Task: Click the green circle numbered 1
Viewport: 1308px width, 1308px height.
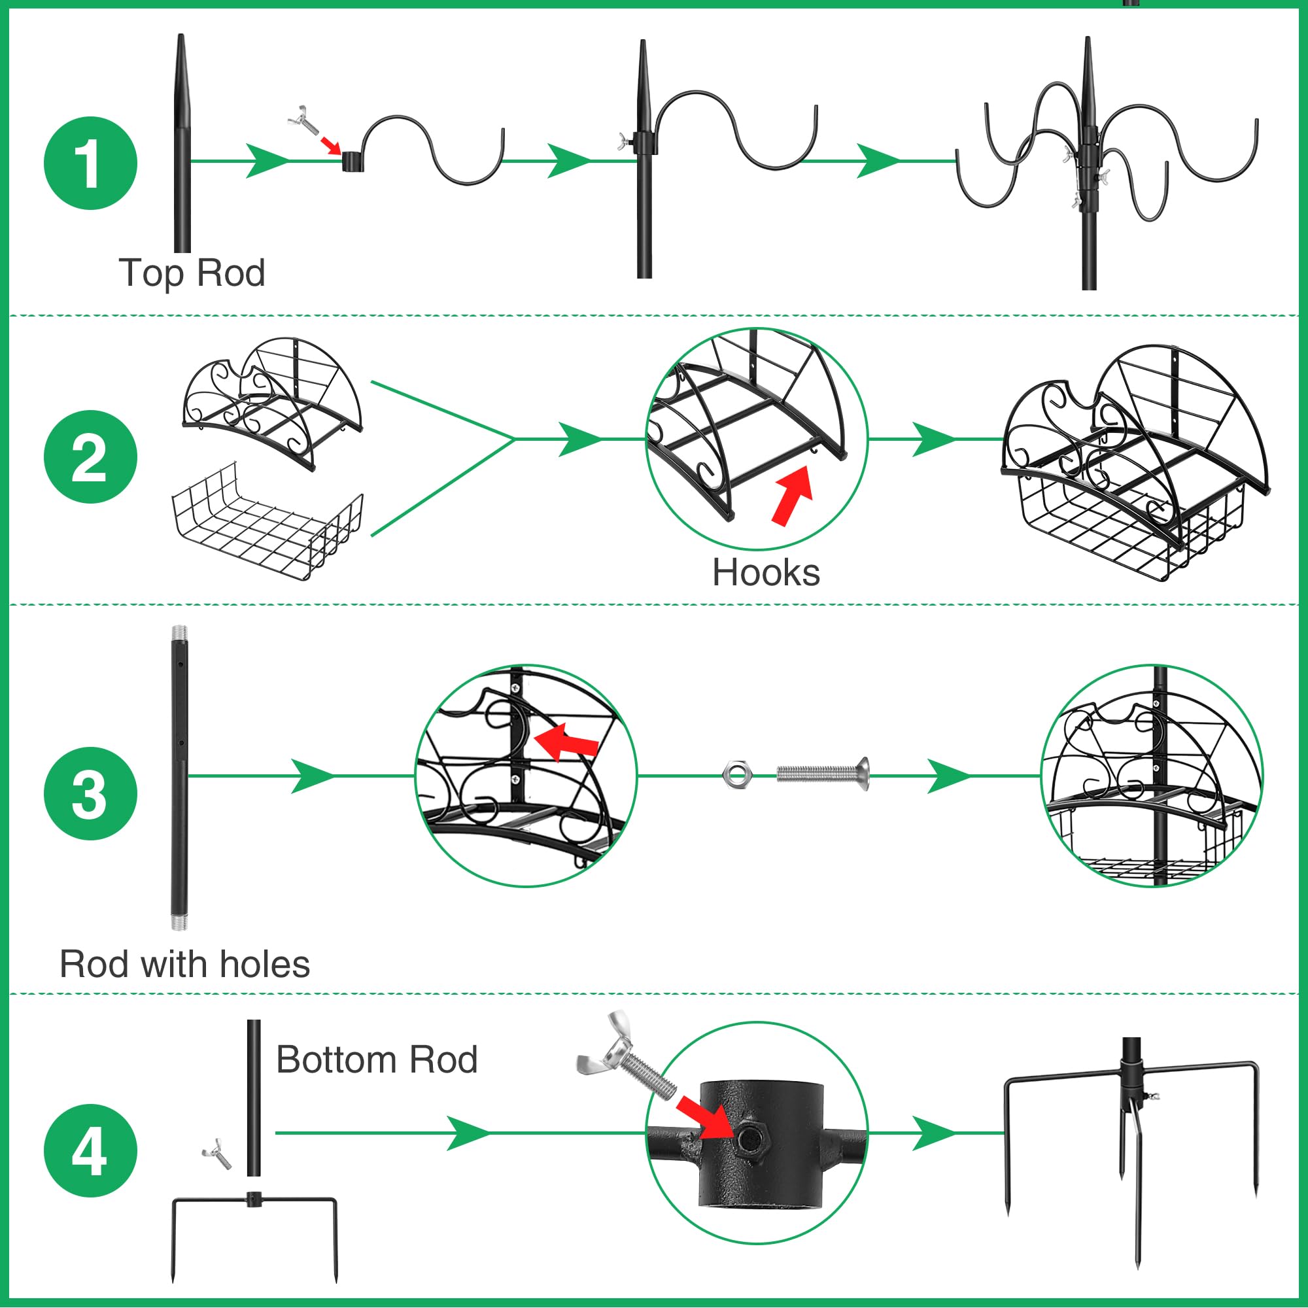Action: (x=90, y=163)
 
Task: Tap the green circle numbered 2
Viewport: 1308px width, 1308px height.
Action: (x=90, y=457)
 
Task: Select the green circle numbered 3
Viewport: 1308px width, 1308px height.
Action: (x=90, y=793)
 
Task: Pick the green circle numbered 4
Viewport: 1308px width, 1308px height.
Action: (x=90, y=1151)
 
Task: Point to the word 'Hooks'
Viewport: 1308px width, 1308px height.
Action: (x=766, y=573)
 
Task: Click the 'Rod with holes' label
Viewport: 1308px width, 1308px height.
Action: (x=185, y=964)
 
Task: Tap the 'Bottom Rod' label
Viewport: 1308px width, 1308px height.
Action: (x=377, y=1059)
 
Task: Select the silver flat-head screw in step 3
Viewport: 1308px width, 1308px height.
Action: (x=823, y=774)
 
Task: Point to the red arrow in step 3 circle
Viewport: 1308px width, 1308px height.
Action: (x=566, y=742)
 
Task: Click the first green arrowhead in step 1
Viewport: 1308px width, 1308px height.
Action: (x=267, y=161)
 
